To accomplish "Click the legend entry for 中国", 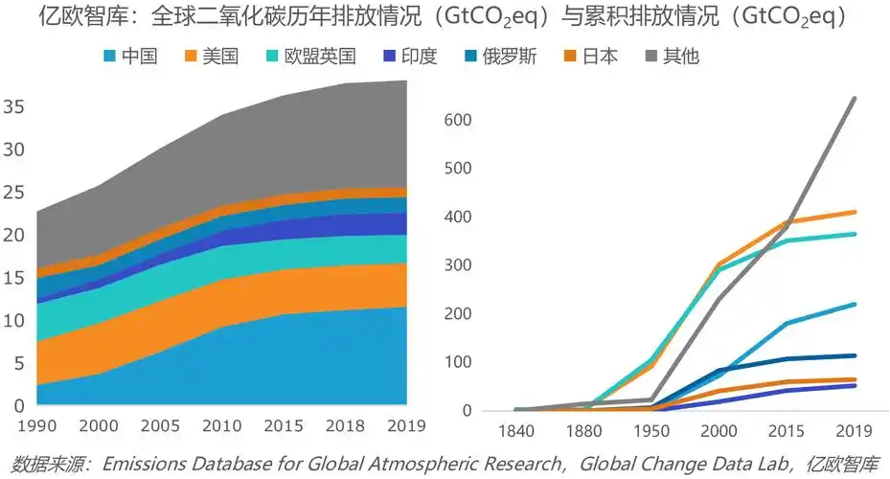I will [131, 57].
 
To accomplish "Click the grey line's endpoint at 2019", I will [855, 98].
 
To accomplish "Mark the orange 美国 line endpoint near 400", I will [855, 212].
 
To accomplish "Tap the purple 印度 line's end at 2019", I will [855, 385].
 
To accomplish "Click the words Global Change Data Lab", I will [679, 464].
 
